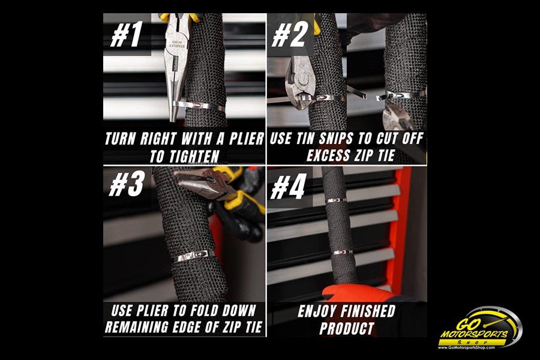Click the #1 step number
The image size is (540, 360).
click(x=126, y=34)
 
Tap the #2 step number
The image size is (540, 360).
click(x=289, y=34)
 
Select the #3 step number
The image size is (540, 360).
click(x=126, y=184)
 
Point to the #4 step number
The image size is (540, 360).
click(x=288, y=187)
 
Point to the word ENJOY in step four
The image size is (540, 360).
click(x=316, y=311)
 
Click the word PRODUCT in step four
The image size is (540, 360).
click(x=347, y=328)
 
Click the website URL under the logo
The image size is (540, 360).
click(x=466, y=347)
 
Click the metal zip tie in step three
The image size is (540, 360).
click(x=194, y=256)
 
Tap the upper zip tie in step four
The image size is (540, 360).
click(x=336, y=200)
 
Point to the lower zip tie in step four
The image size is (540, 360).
click(x=343, y=252)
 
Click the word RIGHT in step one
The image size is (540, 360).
click(x=158, y=139)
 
